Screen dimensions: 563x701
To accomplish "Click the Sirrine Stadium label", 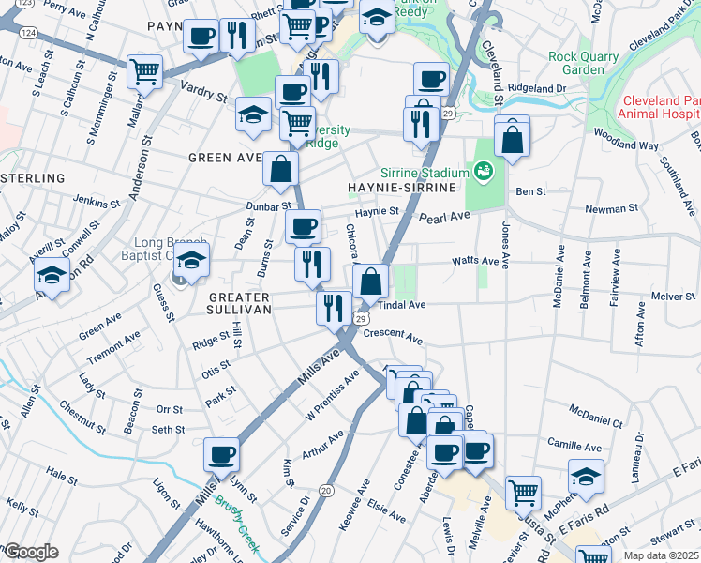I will (x=424, y=174).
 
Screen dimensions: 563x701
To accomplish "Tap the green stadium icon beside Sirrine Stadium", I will (x=484, y=171).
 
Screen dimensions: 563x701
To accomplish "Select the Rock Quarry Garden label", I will (x=584, y=63).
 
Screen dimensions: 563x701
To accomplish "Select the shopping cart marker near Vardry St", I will (x=145, y=71).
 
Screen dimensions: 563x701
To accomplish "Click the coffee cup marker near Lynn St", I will (x=222, y=455).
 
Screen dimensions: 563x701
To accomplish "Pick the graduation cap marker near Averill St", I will (x=52, y=276).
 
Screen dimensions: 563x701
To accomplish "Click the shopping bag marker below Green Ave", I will (x=280, y=169).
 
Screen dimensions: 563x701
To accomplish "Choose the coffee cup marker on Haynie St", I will (x=303, y=226).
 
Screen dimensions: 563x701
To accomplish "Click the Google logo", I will (x=30, y=552).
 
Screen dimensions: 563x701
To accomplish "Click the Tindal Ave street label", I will (x=404, y=305).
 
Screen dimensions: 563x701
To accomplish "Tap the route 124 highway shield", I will (x=27, y=32).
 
